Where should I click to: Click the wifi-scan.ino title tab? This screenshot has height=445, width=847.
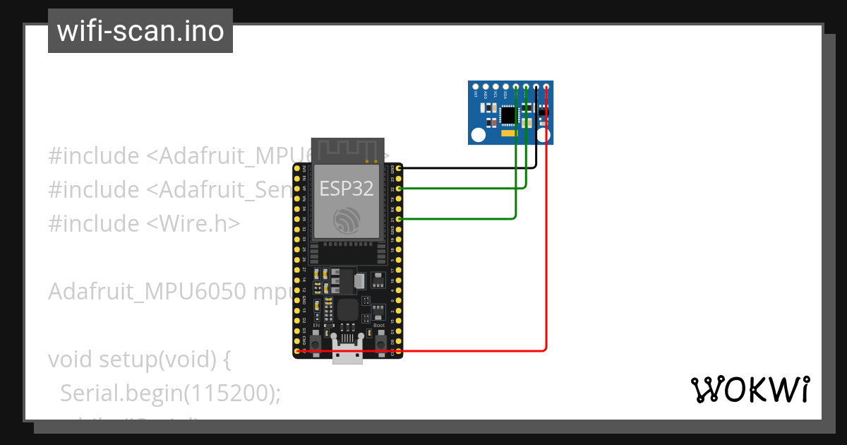pos(140,31)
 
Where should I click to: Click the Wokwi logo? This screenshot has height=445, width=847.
pos(750,389)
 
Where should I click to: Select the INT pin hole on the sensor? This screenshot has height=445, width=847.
pos(476,87)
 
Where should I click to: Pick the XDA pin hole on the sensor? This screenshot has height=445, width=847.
pos(505,87)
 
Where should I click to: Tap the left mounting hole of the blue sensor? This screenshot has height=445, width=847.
pos(478,134)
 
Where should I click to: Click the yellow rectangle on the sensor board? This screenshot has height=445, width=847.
pos(507,133)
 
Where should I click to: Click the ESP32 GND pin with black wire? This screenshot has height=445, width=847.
pos(400,168)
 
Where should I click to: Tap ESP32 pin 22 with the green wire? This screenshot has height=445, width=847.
pos(400,189)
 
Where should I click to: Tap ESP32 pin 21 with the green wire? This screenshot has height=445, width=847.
pos(400,220)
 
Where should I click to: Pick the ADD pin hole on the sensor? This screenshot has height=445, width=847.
pos(486,87)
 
